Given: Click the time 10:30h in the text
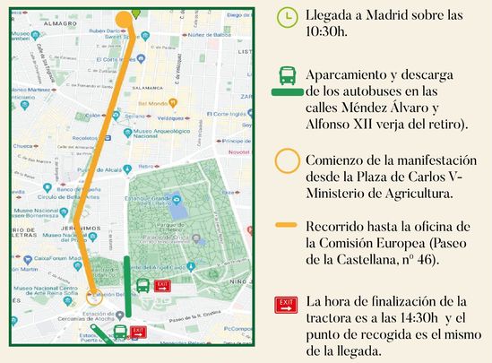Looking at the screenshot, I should coord(326,31).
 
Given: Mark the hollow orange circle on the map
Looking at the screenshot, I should coord(94,292).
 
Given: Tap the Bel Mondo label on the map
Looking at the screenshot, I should coord(146,104).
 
